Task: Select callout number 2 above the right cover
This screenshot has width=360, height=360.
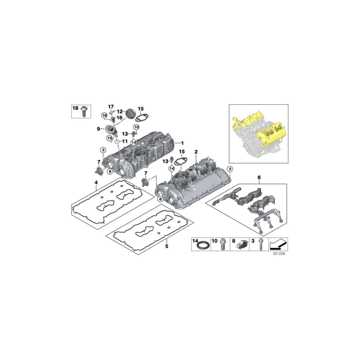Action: (x=196, y=152)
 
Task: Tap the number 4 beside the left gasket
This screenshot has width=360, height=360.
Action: (x=96, y=183)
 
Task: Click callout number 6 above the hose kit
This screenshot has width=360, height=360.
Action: (x=259, y=177)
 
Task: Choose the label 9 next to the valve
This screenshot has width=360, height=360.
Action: (x=98, y=129)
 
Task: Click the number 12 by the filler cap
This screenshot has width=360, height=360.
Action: (x=119, y=112)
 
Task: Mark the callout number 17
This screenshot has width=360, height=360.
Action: (x=111, y=106)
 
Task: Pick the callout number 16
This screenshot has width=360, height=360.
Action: (x=119, y=118)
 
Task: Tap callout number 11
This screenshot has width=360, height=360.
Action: (x=124, y=141)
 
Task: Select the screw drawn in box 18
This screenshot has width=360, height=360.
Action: (x=84, y=111)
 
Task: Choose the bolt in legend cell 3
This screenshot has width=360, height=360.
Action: (x=261, y=245)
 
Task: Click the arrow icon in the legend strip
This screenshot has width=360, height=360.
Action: (x=278, y=243)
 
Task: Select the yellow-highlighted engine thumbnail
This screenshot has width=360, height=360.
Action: (x=258, y=133)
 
